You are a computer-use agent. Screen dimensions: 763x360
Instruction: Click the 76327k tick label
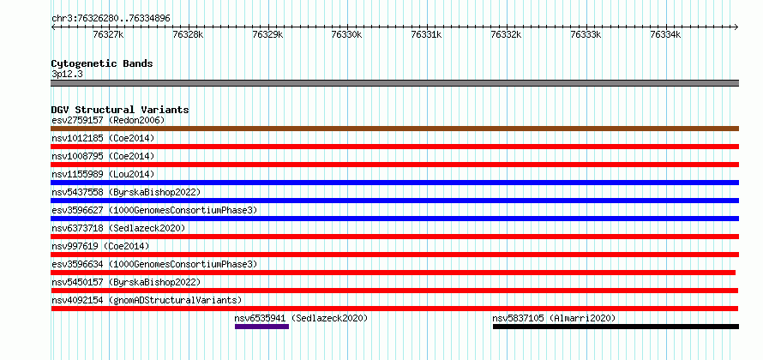[x=109, y=34]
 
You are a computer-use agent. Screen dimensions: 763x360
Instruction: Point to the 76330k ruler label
[x=346, y=34]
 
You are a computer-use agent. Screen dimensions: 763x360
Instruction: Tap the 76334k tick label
[x=665, y=34]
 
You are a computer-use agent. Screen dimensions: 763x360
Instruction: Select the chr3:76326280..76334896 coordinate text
[x=111, y=19]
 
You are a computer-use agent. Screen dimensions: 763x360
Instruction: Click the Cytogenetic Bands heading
[x=102, y=63]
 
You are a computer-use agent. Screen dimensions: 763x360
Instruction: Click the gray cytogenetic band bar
[x=394, y=83]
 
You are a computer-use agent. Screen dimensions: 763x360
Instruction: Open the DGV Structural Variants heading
[x=120, y=110]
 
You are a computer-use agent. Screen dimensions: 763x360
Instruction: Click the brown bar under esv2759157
[x=394, y=129]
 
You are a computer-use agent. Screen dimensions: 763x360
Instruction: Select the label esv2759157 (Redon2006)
[x=108, y=120]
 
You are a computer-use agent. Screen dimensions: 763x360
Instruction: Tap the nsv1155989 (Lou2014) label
[x=103, y=174]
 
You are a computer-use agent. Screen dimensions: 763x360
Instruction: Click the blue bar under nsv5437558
[x=394, y=201]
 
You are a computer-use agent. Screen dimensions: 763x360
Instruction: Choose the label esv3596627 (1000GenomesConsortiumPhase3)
[x=154, y=210]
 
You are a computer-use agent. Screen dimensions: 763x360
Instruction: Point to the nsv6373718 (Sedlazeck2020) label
[x=118, y=228]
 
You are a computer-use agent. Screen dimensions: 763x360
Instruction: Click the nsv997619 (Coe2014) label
[x=100, y=246]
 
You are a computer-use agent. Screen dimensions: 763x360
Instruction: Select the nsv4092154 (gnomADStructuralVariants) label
[x=147, y=300]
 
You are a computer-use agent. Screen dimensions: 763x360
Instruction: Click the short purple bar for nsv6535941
[x=261, y=327]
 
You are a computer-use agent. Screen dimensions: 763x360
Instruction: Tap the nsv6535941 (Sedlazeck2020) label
[x=301, y=318]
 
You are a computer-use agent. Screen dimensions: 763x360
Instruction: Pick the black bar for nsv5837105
[x=616, y=327]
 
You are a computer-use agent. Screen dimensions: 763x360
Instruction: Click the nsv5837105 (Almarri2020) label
[x=554, y=318]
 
